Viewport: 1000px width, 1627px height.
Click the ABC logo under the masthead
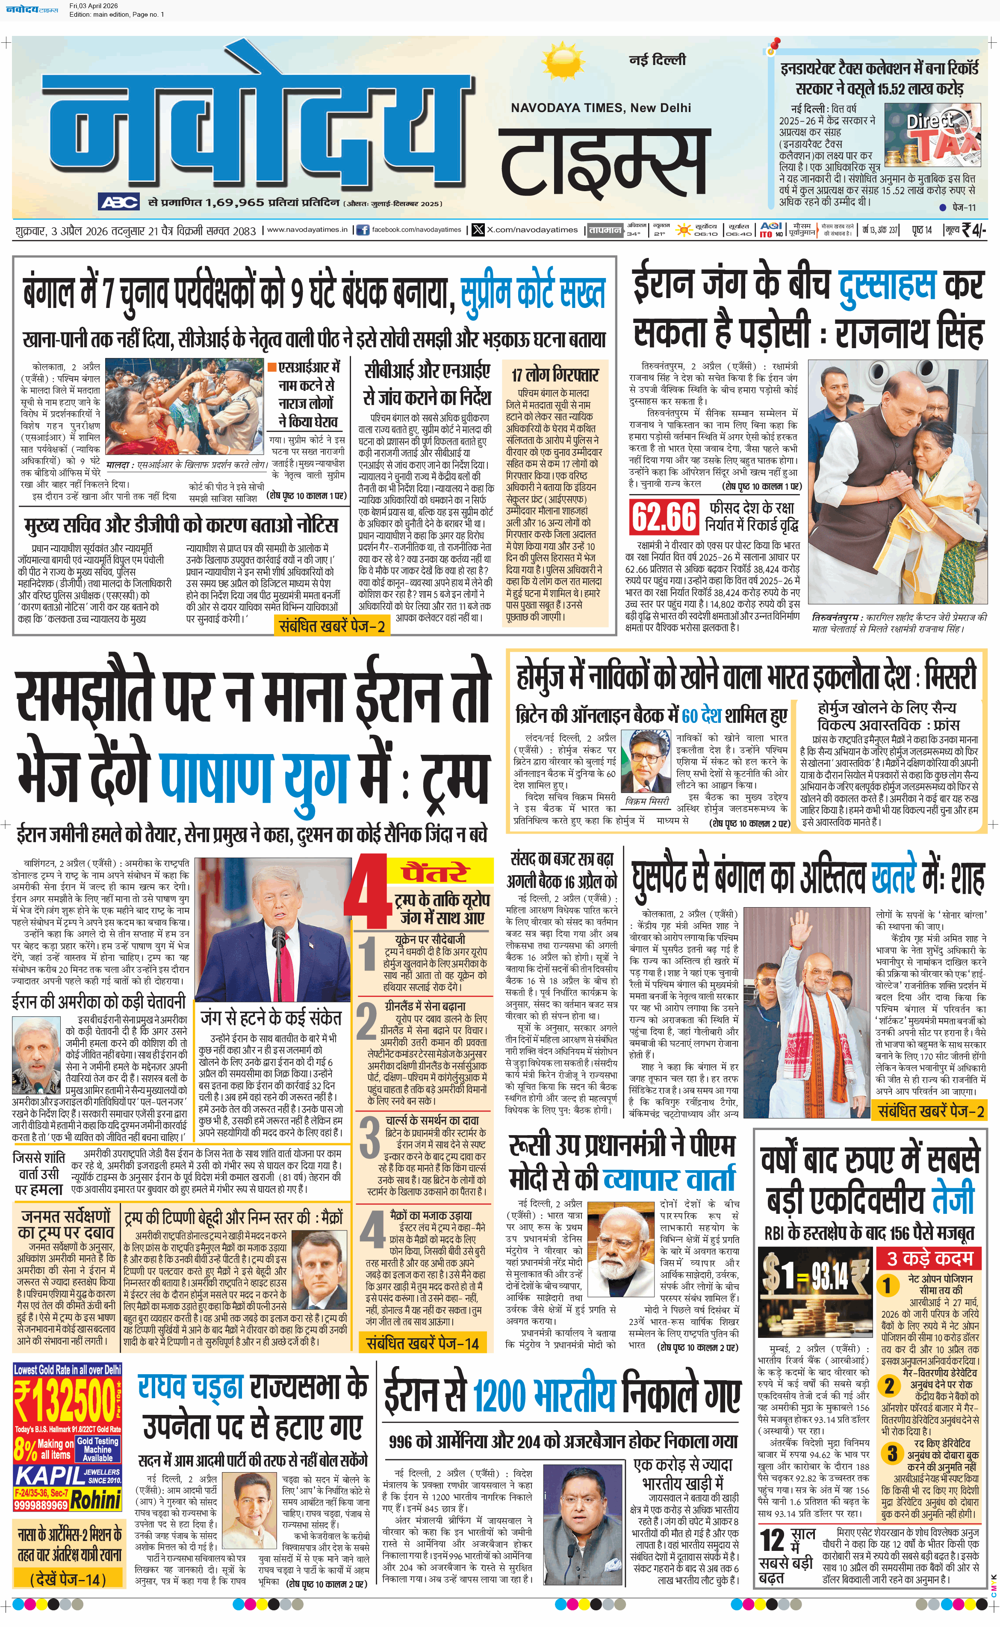coord(119,202)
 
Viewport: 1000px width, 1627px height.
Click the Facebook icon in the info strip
coord(363,230)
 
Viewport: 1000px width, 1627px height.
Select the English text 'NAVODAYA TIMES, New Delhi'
coord(601,108)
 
